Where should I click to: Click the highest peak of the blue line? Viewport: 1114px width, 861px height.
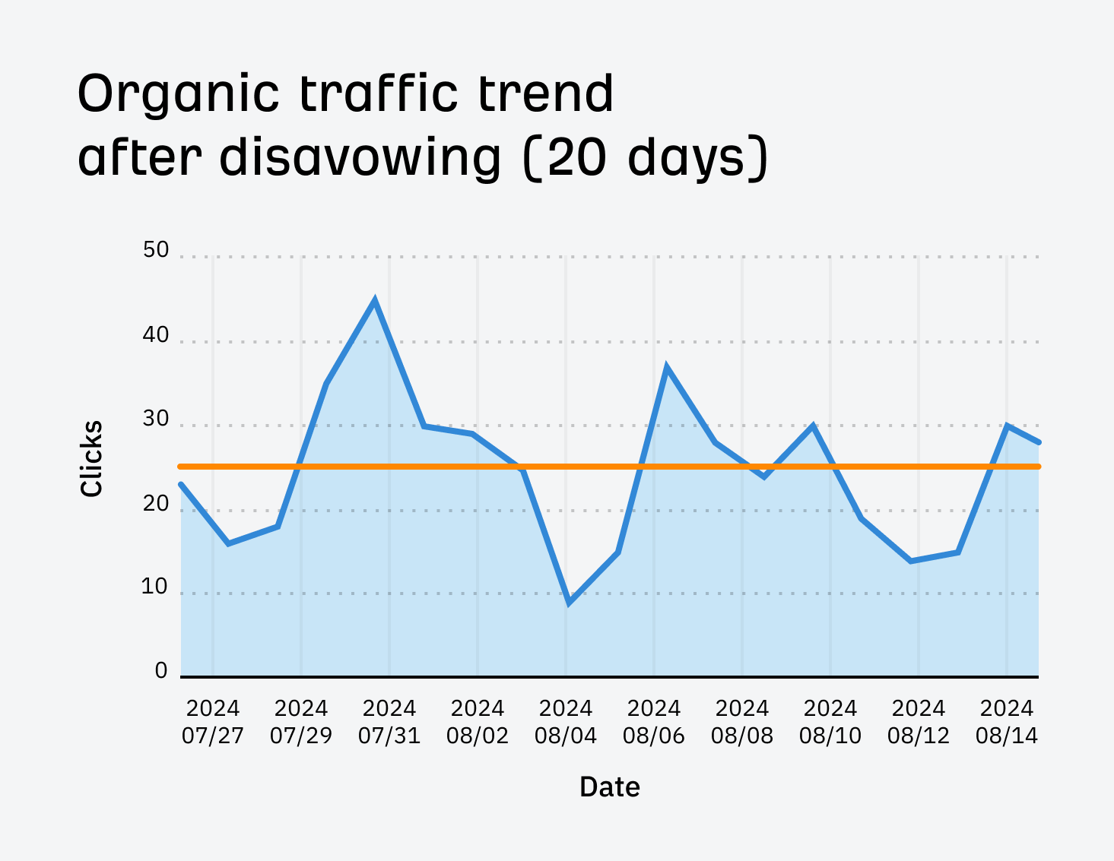pyautogui.click(x=375, y=301)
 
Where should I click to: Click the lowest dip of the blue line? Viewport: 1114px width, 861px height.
pyautogui.click(x=569, y=603)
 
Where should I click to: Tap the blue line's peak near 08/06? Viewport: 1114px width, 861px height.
pyautogui.click(x=666, y=368)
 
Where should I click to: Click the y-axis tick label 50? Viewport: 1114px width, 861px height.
pyautogui.click(x=156, y=250)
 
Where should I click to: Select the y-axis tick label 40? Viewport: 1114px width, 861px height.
pyautogui.click(x=156, y=335)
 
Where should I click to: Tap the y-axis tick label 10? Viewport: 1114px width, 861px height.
pyautogui.click(x=154, y=587)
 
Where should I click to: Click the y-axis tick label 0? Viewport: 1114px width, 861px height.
pyautogui.click(x=161, y=670)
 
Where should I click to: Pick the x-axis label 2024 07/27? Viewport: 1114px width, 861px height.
pyautogui.click(x=213, y=722)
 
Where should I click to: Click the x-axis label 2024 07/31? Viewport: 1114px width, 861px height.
pyautogui.click(x=389, y=722)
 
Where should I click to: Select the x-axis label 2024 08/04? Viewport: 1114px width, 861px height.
pyautogui.click(x=566, y=722)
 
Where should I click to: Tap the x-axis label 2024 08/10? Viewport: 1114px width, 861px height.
pyautogui.click(x=830, y=722)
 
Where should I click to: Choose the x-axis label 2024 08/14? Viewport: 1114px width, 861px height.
pyautogui.click(x=1007, y=722)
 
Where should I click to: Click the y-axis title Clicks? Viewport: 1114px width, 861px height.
pyautogui.click(x=92, y=459)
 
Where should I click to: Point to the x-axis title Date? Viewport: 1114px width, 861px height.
pyautogui.click(x=610, y=787)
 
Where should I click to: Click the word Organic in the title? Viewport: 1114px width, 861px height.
pyautogui.click(x=179, y=95)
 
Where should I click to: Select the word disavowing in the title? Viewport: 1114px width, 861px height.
pyautogui.click(x=360, y=157)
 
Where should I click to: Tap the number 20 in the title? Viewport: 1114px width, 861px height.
pyautogui.click(x=579, y=157)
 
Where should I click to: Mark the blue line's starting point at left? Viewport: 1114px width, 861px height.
pyautogui.click(x=182, y=484)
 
